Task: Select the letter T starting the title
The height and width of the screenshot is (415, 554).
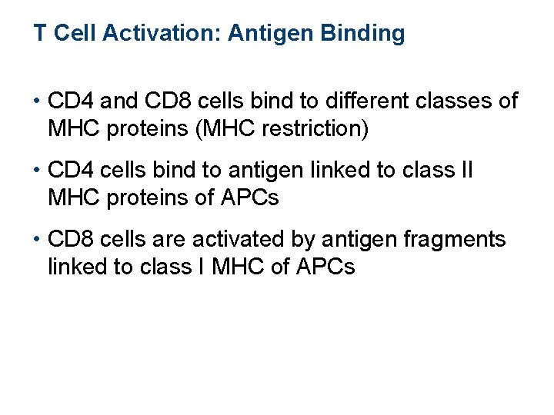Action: (38, 34)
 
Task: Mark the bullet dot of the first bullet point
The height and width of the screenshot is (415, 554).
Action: (37, 101)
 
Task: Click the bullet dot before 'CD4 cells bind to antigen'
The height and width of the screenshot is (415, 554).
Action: (37, 171)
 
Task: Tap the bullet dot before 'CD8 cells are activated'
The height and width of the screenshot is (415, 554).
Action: (37, 240)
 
